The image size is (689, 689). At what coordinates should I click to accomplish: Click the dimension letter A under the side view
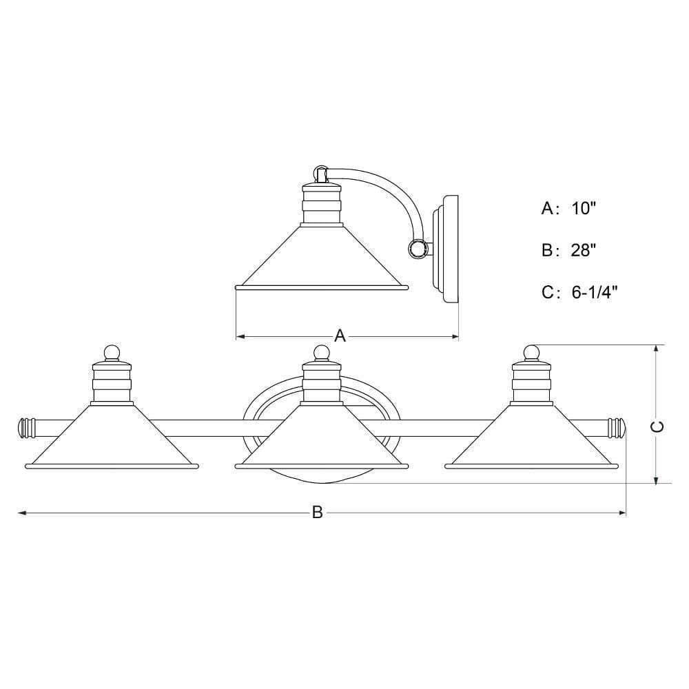click(x=340, y=336)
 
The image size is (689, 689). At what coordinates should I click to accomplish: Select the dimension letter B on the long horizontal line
click(x=317, y=513)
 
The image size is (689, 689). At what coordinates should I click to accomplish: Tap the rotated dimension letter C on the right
click(x=657, y=426)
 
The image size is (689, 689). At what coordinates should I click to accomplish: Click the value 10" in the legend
click(x=584, y=208)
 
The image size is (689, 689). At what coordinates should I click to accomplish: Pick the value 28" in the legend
click(x=584, y=250)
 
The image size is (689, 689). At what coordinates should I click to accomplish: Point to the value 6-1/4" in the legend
click(x=595, y=292)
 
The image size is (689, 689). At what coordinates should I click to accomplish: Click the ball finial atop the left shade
click(x=112, y=353)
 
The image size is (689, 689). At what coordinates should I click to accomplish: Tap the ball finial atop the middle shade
click(x=322, y=353)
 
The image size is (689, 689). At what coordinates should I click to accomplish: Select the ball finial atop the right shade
click(x=532, y=353)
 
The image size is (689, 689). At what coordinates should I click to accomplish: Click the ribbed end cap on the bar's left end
click(x=26, y=429)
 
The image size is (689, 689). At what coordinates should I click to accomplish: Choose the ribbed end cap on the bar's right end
click(x=617, y=429)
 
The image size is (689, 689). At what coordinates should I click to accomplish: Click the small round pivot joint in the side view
click(x=417, y=249)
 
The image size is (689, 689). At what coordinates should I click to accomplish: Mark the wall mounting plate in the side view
click(x=446, y=249)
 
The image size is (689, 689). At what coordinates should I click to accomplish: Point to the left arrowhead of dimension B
click(x=22, y=513)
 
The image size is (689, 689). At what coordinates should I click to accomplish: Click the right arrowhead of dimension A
click(x=454, y=337)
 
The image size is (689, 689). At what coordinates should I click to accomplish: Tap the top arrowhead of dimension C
click(x=656, y=349)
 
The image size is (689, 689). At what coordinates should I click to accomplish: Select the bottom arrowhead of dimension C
click(x=656, y=479)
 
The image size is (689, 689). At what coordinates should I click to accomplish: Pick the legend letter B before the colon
click(x=547, y=250)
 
